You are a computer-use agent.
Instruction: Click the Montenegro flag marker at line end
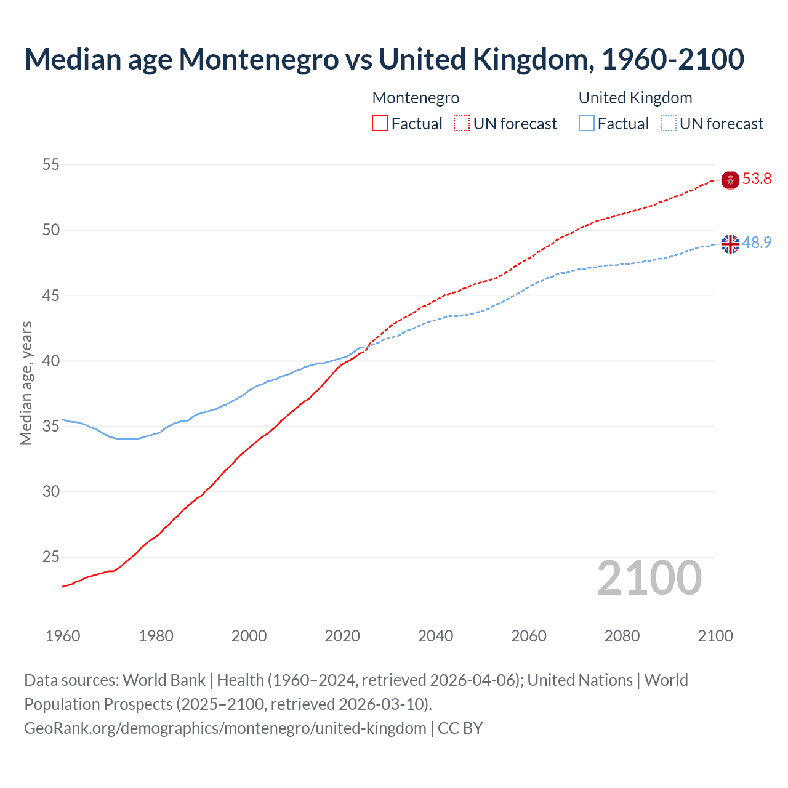tap(730, 180)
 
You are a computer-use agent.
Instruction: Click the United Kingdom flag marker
tap(730, 244)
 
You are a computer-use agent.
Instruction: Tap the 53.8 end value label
tap(757, 179)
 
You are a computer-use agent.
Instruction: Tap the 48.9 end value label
tap(757, 243)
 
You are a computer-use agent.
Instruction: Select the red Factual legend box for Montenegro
tap(380, 124)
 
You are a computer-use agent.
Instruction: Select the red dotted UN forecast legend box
tap(462, 124)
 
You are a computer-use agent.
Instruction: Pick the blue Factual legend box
tap(587, 124)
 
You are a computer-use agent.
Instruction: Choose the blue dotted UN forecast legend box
tap(668, 124)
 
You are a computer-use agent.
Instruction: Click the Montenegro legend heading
tap(416, 98)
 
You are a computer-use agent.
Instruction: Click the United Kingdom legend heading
tap(635, 98)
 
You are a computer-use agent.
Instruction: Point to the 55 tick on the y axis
tap(51, 164)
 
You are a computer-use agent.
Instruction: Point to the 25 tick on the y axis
tap(51, 557)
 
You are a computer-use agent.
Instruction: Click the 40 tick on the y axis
tap(51, 361)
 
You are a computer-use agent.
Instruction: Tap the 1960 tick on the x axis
tap(63, 636)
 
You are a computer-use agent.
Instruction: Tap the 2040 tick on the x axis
tap(435, 636)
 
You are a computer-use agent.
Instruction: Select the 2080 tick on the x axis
tap(622, 636)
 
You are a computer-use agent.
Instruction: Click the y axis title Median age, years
tap(26, 383)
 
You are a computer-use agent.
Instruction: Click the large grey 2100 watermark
tap(649, 578)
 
